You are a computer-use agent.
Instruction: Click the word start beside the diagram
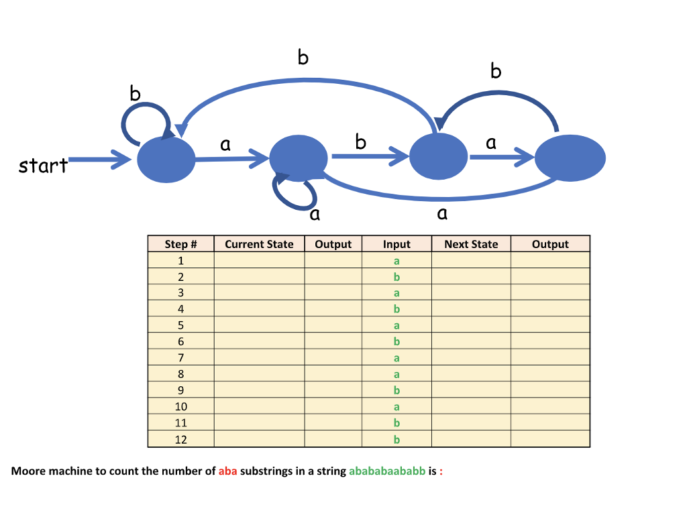point(43,165)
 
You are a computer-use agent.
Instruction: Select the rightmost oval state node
point(570,158)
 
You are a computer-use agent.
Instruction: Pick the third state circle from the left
point(438,157)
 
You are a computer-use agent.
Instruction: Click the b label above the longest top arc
point(303,58)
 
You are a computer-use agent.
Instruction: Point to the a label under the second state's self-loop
point(315,215)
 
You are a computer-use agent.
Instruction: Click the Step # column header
point(180,244)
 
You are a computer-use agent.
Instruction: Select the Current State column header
point(259,244)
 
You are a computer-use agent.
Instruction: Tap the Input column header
point(397,244)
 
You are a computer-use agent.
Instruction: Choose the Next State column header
point(471,244)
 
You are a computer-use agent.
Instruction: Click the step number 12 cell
point(180,439)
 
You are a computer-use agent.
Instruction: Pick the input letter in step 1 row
point(397,260)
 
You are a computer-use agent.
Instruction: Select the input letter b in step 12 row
point(397,439)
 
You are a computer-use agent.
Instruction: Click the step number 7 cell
point(180,358)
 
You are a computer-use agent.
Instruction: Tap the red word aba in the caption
point(227,471)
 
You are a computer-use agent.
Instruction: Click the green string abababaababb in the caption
point(387,471)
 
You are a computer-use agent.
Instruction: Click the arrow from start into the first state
point(101,160)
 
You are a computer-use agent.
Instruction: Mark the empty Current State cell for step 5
point(259,325)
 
